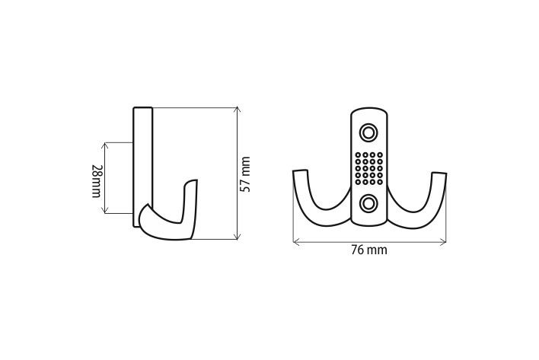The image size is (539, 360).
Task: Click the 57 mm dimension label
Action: tap(244, 174)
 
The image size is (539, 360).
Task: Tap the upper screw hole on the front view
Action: tap(369, 133)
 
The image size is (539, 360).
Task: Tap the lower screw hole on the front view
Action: tap(369, 202)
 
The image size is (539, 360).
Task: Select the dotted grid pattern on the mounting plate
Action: tap(369, 167)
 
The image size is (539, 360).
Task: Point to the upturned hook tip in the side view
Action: tap(193, 183)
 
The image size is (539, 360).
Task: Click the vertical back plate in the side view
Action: tap(144, 160)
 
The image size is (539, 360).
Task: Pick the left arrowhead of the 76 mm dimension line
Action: tap(295, 242)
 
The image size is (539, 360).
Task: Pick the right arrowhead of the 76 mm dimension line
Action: tap(445, 242)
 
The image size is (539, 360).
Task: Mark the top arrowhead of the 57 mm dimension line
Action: tap(238, 110)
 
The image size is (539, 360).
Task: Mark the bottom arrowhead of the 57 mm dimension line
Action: tap(238, 237)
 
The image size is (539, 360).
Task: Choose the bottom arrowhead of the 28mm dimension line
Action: tap(107, 212)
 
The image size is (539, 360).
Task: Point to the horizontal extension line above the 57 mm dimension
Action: tap(198, 107)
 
